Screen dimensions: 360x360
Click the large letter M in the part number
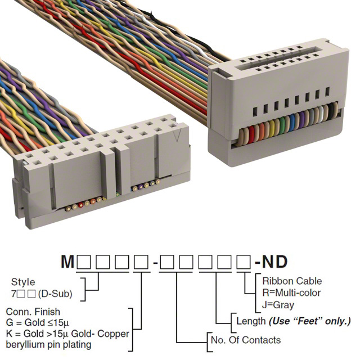pyautogui.click(x=67, y=263)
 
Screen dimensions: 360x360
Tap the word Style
pyautogui.click(x=22, y=282)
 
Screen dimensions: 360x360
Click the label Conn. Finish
pyautogui.click(x=32, y=312)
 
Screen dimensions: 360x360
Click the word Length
pyautogui.click(x=250, y=321)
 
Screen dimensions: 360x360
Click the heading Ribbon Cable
pyautogui.click(x=292, y=281)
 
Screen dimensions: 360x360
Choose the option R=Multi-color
pyautogui.click(x=291, y=292)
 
